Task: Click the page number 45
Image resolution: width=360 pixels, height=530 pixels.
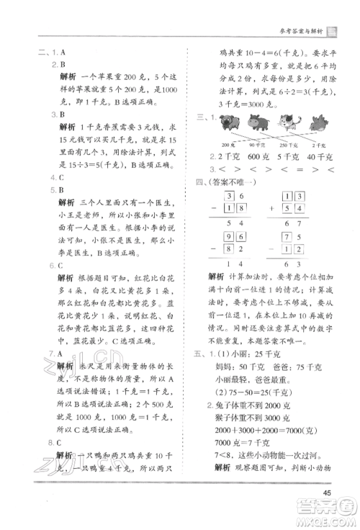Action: [327, 493]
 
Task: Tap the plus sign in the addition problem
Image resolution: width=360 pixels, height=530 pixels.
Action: [269, 209]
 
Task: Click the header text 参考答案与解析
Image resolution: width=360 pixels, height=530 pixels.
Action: [298, 30]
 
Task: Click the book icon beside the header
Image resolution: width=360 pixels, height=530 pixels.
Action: [332, 30]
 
